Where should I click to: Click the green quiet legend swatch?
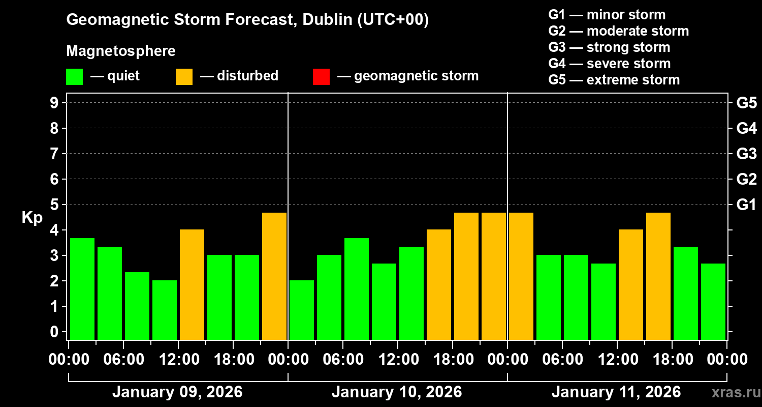[74, 77]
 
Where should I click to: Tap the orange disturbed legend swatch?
[184, 77]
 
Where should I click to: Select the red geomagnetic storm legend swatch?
[321, 77]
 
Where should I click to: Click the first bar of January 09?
[82, 288]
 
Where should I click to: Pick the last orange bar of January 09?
[274, 276]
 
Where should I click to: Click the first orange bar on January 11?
[521, 276]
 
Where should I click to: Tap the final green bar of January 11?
[713, 301]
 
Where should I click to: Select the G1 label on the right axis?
[746, 205]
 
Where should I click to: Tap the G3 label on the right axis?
[746, 154]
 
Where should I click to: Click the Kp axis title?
[32, 218]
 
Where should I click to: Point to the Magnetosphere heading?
[121, 51]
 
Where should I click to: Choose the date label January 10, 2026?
[397, 392]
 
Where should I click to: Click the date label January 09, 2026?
[177, 392]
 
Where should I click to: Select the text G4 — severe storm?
[610, 64]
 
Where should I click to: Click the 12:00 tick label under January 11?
[616, 360]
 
